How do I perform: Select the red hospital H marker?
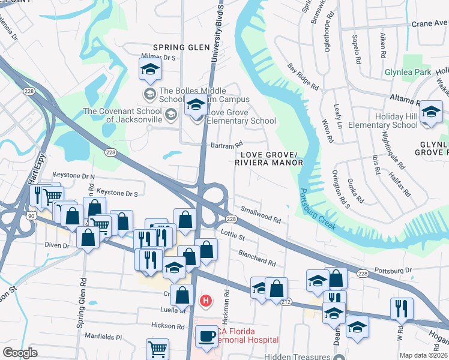(x=206, y=300)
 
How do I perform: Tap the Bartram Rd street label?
(x=226, y=145)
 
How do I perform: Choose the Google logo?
(x=20, y=353)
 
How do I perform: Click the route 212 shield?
(x=288, y=301)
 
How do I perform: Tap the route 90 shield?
(x=37, y=214)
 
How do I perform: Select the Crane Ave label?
(x=429, y=24)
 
